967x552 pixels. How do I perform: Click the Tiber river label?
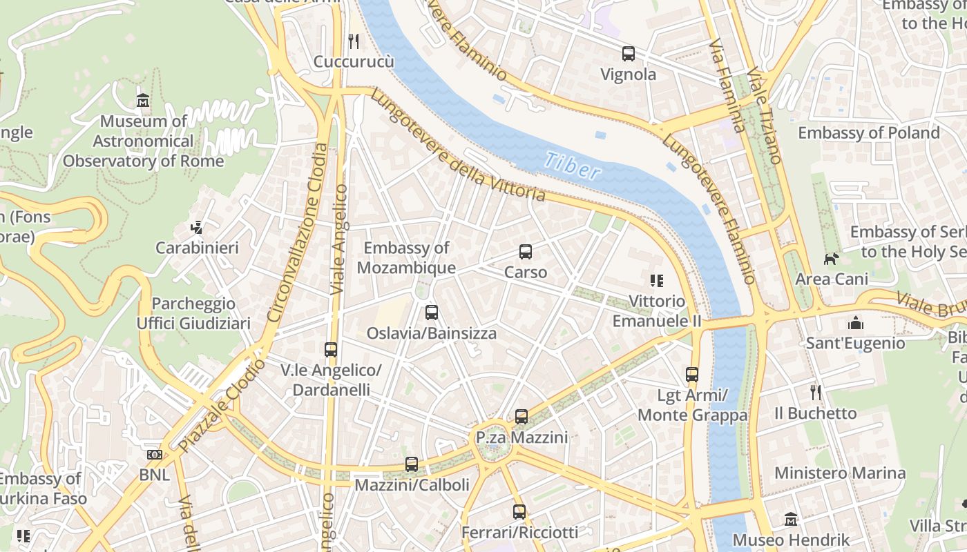coord(572,166)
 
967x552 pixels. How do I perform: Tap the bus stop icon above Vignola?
coord(628,54)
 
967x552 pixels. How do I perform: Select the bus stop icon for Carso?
coord(526,252)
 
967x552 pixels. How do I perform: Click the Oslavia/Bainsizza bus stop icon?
coord(432,313)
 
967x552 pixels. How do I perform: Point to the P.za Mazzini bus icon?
coord(521,417)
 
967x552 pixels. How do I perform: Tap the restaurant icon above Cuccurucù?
coord(354,41)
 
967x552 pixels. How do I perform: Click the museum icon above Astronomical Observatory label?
coord(143,101)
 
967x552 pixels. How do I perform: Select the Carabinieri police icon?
coord(197,227)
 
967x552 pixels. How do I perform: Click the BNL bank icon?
coord(155,455)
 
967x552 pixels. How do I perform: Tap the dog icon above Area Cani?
coord(831,259)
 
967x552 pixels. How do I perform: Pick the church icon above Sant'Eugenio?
coord(855,323)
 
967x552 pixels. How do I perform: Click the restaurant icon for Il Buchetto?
coord(816,393)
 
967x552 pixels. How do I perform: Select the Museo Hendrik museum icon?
coord(791,519)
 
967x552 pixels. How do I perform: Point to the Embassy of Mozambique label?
coord(406,258)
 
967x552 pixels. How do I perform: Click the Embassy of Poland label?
coord(869,132)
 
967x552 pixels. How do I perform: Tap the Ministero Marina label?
coord(840,473)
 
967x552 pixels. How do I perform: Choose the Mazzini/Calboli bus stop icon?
coord(412,464)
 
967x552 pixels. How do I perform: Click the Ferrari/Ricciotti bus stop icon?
coord(519,512)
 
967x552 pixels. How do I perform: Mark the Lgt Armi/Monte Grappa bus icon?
coord(692,375)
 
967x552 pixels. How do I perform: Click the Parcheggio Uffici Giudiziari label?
coord(193,313)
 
